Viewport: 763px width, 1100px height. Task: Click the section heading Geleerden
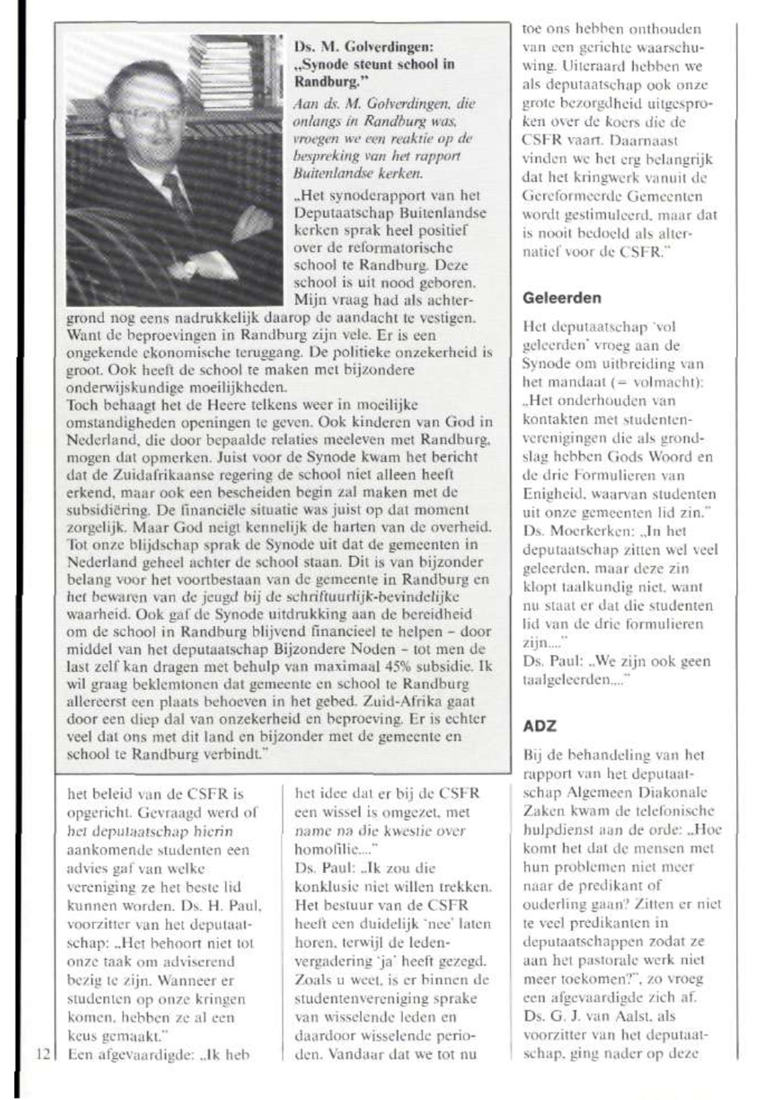(562, 298)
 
